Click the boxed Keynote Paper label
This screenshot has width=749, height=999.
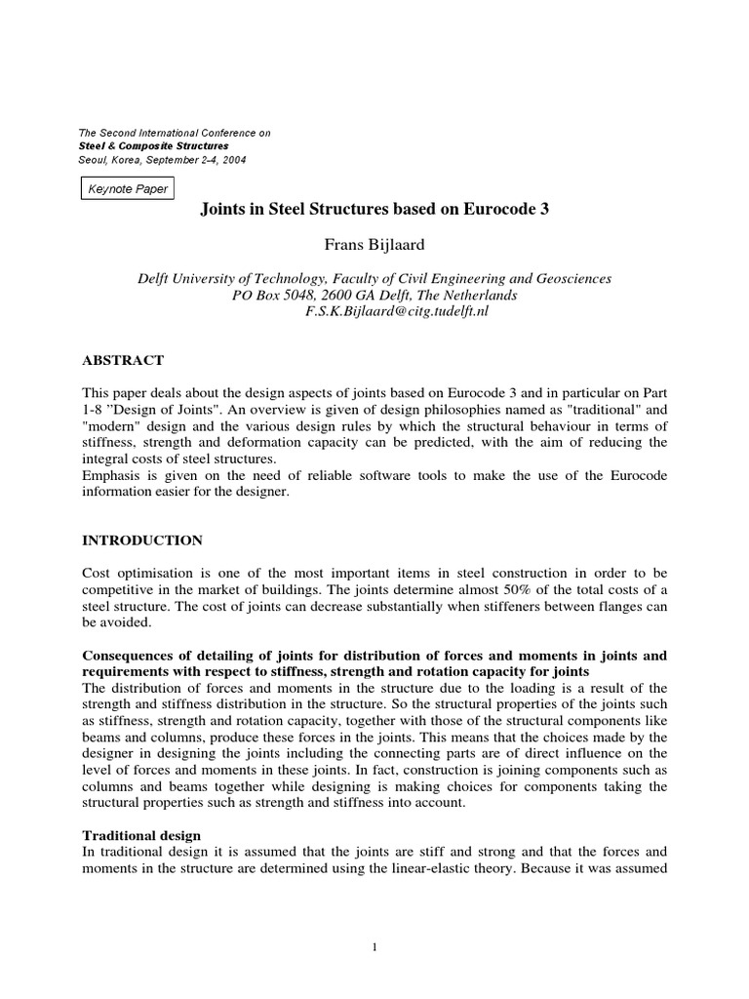(x=128, y=189)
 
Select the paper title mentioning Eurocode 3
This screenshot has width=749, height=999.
(x=374, y=209)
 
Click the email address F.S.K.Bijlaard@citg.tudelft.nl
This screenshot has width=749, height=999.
(x=403, y=311)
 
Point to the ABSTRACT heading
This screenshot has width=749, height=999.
(x=122, y=360)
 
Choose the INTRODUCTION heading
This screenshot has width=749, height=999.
(x=142, y=539)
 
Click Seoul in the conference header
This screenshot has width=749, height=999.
(x=94, y=160)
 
